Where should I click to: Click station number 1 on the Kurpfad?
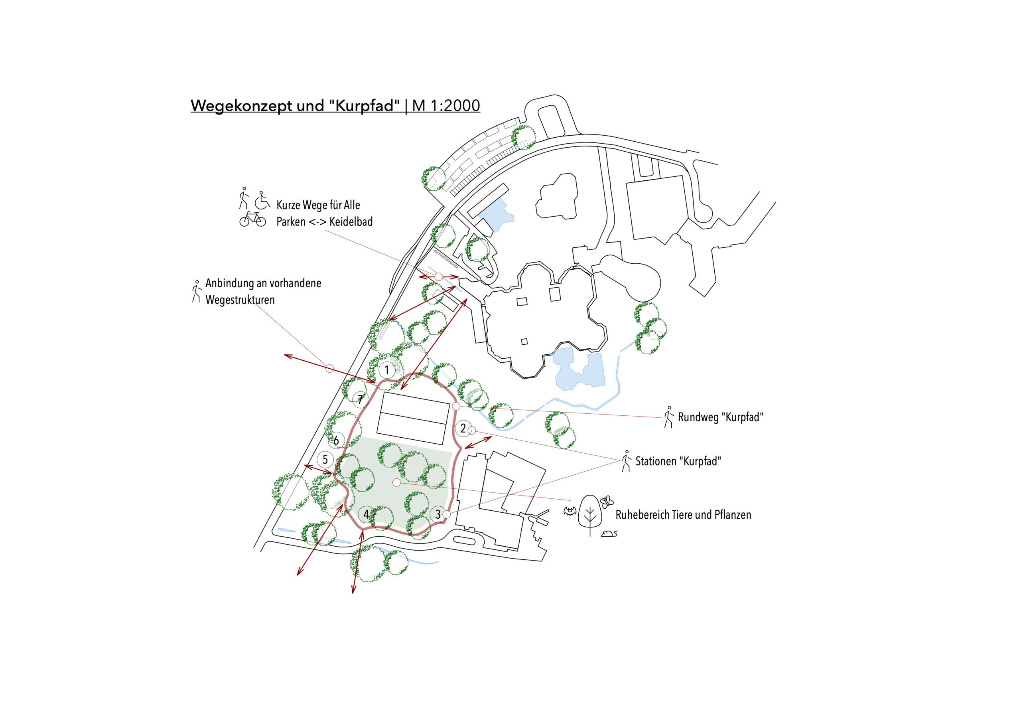386,370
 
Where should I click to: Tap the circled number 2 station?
463,429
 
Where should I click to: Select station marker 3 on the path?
438,514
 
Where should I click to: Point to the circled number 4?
366,514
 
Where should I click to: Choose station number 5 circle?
325,460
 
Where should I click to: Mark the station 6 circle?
336,440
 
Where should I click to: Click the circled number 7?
361,399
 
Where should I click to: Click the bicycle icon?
252,219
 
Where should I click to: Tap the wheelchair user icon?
262,200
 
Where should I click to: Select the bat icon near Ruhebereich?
570,511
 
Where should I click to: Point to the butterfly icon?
607,502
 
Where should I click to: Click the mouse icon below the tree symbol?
609,533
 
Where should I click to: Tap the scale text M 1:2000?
446,105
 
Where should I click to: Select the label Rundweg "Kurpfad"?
720,417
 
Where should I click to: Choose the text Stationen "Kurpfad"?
678,461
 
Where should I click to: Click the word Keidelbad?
351,221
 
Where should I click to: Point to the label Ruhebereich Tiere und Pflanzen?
683,515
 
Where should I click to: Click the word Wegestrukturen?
240,300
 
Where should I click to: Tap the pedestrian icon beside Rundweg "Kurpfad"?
668,417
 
